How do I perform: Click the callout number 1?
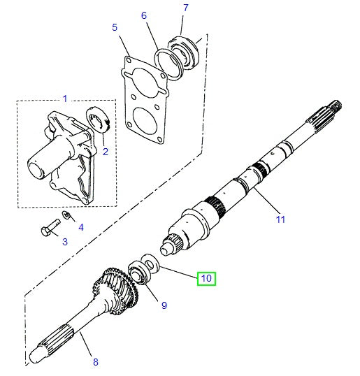click(x=65, y=99)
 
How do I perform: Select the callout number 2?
click(x=105, y=151)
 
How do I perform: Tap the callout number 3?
click(x=65, y=242)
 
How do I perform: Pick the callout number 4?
click(x=80, y=227)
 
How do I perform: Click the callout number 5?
click(x=114, y=27)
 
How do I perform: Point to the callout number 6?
click(x=144, y=15)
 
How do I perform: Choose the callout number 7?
click(x=185, y=8)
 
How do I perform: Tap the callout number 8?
click(x=96, y=362)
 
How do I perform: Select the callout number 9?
click(x=164, y=305)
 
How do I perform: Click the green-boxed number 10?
click(x=206, y=278)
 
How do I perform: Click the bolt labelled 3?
click(x=50, y=229)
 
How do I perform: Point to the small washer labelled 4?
click(x=67, y=215)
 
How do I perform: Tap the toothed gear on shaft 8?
click(x=115, y=288)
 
